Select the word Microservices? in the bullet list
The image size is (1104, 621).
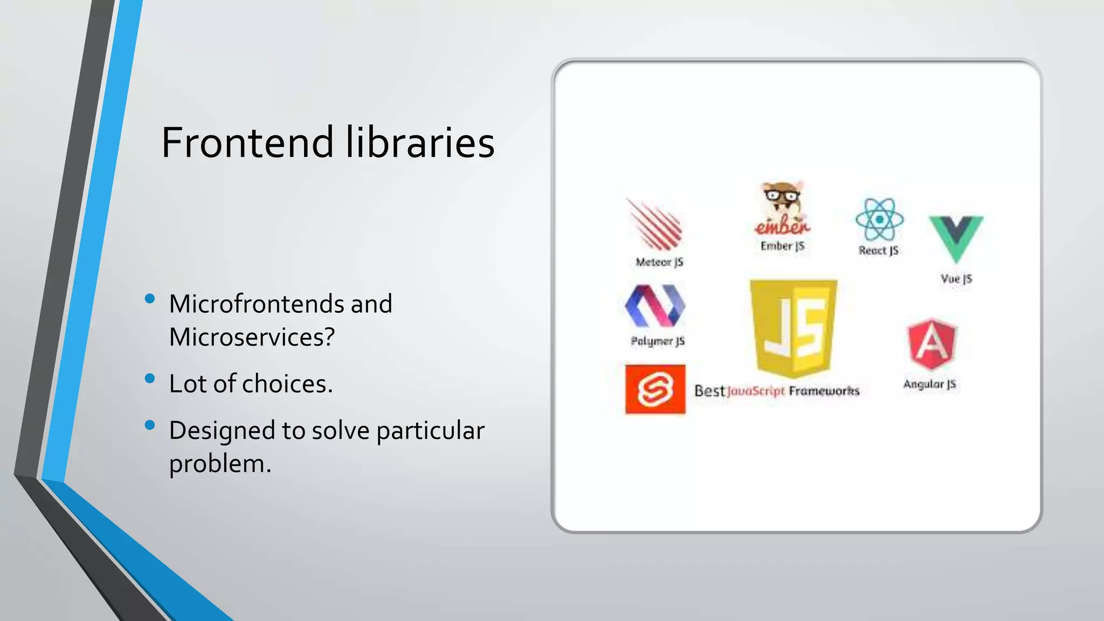pyautogui.click(x=252, y=337)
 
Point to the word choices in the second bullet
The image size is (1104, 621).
pyautogui.click(x=286, y=384)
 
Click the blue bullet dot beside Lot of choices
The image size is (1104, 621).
pyautogui.click(x=150, y=378)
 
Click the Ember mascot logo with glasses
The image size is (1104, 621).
pyautogui.click(x=782, y=208)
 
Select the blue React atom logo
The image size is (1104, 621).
pyautogui.click(x=879, y=219)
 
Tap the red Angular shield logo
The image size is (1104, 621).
pyautogui.click(x=932, y=345)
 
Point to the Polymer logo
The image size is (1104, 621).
pyautogui.click(x=655, y=306)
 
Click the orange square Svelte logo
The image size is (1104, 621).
pyautogui.click(x=655, y=390)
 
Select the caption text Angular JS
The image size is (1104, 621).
pyautogui.click(x=929, y=384)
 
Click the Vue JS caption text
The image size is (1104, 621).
pyautogui.click(x=956, y=279)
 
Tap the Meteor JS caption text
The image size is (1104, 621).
pyautogui.click(x=659, y=262)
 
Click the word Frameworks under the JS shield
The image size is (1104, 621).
pyautogui.click(x=824, y=391)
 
